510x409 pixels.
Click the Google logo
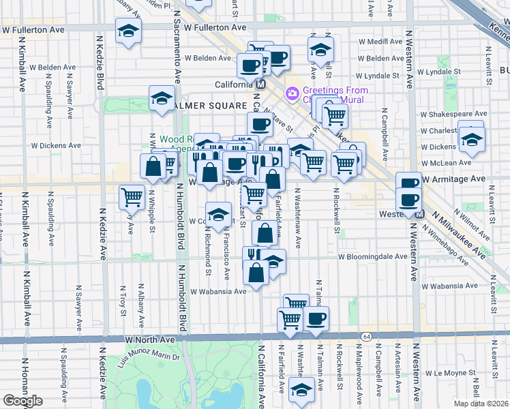click(x=22, y=401)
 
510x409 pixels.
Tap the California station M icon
click(x=259, y=85)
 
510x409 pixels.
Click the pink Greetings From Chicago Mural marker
click(x=292, y=92)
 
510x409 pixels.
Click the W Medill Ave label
click(x=380, y=42)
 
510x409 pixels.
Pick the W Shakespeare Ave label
click(x=453, y=114)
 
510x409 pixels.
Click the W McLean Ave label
click(x=446, y=163)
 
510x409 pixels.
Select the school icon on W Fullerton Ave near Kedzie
click(x=127, y=31)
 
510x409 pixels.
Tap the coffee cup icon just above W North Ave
click(x=316, y=318)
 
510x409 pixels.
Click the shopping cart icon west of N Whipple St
click(x=132, y=197)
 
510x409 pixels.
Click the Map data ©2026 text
click(x=481, y=404)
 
